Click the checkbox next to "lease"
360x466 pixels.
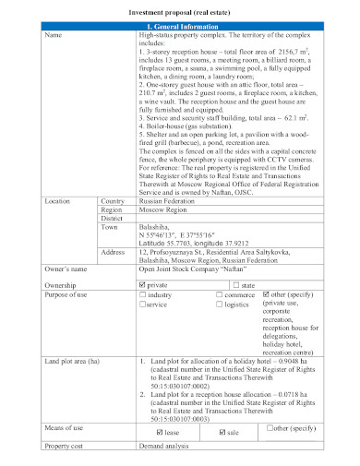point(160,431)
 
